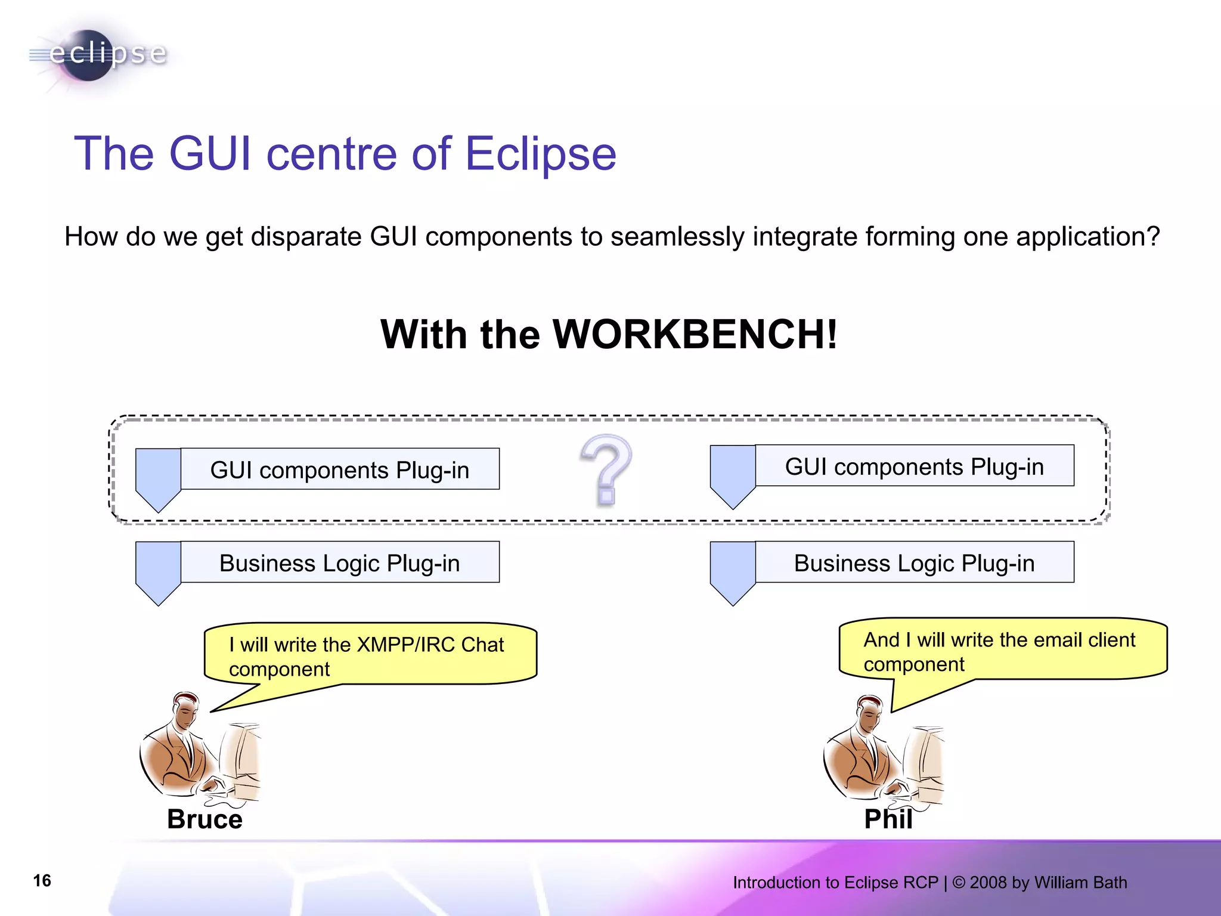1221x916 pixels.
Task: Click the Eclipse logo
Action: point(98,55)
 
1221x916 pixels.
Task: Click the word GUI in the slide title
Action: point(210,154)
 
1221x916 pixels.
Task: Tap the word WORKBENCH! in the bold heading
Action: point(695,334)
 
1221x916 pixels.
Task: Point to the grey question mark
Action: point(606,469)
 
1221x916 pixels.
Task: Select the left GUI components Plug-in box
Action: point(340,469)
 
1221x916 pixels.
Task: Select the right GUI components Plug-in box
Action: point(914,466)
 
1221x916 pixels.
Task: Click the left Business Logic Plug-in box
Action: point(340,562)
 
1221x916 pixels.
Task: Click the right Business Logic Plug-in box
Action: point(914,562)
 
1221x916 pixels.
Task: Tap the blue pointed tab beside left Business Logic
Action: point(158,570)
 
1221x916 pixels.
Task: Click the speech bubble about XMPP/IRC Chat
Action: point(370,654)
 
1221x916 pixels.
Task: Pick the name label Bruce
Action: point(204,819)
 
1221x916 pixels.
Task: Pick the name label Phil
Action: point(888,819)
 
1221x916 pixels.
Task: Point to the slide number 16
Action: point(42,881)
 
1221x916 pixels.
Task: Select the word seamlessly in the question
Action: point(677,237)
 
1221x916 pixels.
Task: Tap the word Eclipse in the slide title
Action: point(540,154)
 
